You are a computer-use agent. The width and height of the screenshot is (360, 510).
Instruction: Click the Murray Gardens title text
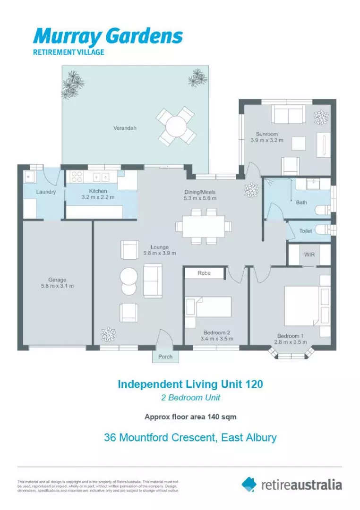108,36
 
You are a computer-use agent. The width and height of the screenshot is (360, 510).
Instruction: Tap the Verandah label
125,127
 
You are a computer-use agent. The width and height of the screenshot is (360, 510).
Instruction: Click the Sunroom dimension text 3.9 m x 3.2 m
267,140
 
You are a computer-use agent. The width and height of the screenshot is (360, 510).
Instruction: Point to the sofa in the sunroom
288,114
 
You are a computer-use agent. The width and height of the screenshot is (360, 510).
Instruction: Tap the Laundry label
46,192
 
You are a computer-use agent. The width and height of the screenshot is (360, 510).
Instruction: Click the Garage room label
57,280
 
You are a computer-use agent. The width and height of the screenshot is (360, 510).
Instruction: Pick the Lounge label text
160,247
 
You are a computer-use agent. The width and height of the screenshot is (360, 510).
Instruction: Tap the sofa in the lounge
153,280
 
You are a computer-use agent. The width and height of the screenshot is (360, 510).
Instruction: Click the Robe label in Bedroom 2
204,273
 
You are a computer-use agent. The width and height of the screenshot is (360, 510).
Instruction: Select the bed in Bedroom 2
208,306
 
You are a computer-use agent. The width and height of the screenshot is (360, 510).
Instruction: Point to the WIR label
309,255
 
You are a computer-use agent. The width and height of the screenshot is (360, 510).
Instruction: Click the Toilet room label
306,231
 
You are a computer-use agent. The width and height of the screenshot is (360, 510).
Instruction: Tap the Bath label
301,203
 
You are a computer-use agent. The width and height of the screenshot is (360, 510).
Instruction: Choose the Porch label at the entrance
165,357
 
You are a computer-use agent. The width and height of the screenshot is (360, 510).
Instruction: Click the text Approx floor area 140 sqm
190,417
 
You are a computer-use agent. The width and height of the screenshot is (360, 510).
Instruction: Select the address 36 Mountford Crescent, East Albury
190,438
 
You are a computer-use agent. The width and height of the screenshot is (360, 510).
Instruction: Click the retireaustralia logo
291,484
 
